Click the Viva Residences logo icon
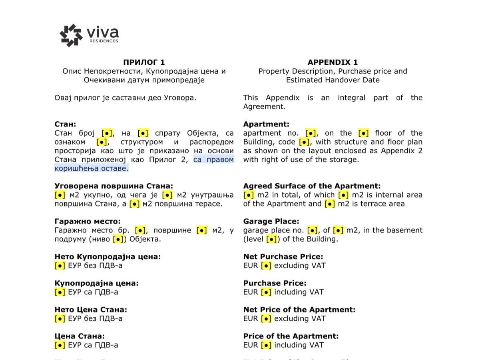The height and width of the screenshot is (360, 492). pyautogui.click(x=71, y=35)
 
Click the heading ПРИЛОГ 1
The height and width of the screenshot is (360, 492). pyautogui.click(x=144, y=62)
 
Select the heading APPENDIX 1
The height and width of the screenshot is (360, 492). pyautogui.click(x=333, y=62)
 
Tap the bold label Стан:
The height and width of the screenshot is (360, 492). pyautogui.click(x=65, y=124)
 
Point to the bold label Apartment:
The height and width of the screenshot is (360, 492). pyautogui.click(x=266, y=124)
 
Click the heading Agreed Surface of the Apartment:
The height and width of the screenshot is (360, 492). pyautogui.click(x=312, y=186)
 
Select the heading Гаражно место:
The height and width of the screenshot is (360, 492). pyautogui.click(x=88, y=221)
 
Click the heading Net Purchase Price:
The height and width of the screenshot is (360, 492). pyautogui.click(x=283, y=256)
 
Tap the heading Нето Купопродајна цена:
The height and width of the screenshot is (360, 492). pyautogui.click(x=108, y=256)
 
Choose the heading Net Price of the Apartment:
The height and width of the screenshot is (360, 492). pyautogui.click(x=299, y=309)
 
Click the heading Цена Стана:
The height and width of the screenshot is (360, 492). pyautogui.click(x=80, y=336)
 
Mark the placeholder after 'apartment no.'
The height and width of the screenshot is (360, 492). pyautogui.click(x=311, y=133)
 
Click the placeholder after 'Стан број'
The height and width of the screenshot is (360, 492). pyautogui.click(x=107, y=133)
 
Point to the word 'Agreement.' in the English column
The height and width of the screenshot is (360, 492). pyautogui.click(x=265, y=107)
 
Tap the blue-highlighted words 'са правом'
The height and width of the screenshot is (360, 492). pyautogui.click(x=214, y=160)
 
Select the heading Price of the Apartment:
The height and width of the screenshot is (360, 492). pyautogui.click(x=291, y=336)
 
